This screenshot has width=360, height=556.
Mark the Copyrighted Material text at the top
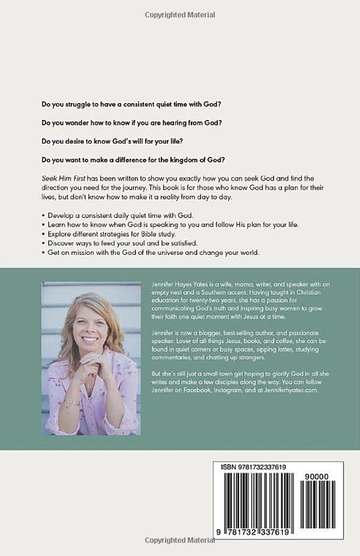(x=180, y=14)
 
